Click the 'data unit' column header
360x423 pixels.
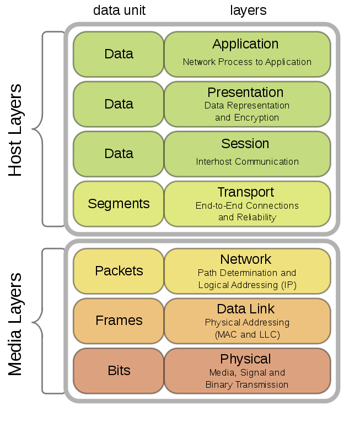click(x=119, y=10)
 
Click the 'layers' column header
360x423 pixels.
click(x=248, y=10)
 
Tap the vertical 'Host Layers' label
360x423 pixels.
click(x=16, y=129)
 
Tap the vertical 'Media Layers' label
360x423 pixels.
click(x=16, y=324)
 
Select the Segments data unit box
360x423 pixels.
click(x=119, y=204)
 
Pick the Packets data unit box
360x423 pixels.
click(x=119, y=271)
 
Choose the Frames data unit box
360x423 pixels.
click(x=119, y=321)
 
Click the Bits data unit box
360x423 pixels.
click(x=119, y=370)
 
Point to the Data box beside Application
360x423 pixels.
click(x=119, y=54)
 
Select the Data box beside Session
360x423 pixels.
click(x=119, y=154)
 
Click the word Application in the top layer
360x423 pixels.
click(x=245, y=44)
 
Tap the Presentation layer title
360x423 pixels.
click(x=245, y=92)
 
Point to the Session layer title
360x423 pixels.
click(x=245, y=144)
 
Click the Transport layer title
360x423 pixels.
click(x=245, y=192)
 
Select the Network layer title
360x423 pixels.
click(x=245, y=259)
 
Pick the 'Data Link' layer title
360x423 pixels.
click(x=245, y=309)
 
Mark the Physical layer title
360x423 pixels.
click(x=245, y=359)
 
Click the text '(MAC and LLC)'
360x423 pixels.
click(x=247, y=335)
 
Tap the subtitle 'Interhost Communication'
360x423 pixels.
click(x=247, y=162)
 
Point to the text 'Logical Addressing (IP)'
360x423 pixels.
click(x=247, y=285)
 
